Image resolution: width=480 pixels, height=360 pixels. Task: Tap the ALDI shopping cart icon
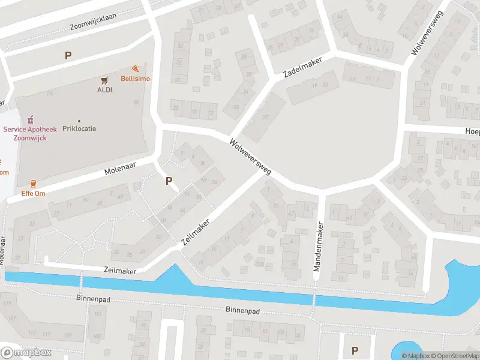(105, 80)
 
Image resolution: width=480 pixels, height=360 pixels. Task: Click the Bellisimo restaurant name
(136, 79)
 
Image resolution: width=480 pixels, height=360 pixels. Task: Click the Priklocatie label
(79, 128)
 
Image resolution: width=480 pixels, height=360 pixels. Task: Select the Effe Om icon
(32, 184)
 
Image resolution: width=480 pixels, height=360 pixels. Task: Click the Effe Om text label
(33, 194)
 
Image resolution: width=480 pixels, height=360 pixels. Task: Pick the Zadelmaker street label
(303, 67)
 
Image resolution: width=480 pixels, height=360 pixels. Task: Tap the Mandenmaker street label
(319, 247)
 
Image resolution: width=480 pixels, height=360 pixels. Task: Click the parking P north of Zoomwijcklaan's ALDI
(68, 55)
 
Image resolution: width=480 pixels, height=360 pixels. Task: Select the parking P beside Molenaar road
(169, 180)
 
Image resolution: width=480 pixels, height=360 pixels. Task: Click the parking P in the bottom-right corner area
(355, 350)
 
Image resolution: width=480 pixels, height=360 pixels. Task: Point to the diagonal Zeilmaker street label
(196, 230)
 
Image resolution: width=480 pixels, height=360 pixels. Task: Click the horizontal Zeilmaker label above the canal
(120, 271)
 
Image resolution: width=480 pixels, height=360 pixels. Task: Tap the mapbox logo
(26, 352)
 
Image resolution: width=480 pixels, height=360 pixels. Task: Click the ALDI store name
(105, 90)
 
